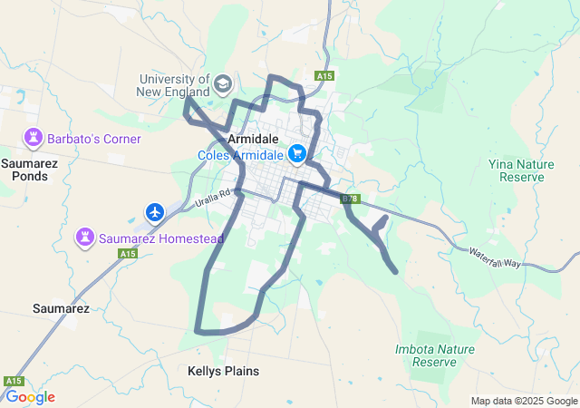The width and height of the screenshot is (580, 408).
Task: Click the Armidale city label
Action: (x=253, y=140)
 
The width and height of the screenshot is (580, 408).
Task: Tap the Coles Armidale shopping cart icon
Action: (x=297, y=154)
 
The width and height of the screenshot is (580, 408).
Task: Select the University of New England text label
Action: (x=173, y=85)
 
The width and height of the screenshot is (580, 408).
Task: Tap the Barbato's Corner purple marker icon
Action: (x=34, y=139)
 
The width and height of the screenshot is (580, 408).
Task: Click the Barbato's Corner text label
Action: (x=95, y=140)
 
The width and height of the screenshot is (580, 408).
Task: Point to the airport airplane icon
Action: (x=155, y=212)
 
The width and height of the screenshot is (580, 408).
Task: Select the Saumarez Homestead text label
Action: (x=160, y=238)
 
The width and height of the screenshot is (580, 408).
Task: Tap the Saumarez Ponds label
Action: (x=24, y=170)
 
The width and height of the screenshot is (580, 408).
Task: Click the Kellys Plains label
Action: (x=223, y=371)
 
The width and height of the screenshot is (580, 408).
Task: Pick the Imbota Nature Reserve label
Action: (x=435, y=355)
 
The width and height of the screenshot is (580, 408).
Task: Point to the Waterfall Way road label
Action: (x=495, y=257)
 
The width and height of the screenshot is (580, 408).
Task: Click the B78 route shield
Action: (x=351, y=198)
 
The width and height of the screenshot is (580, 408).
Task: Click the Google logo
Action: (x=30, y=397)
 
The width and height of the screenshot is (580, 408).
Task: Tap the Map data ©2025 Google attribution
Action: (x=524, y=401)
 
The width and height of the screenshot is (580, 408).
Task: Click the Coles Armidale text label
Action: (x=241, y=155)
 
